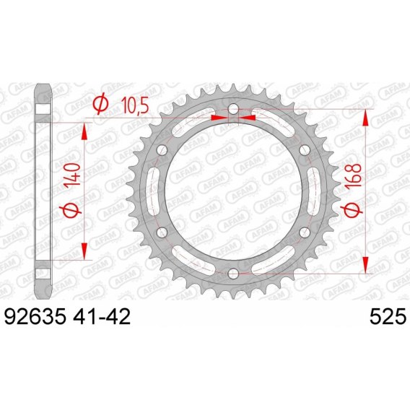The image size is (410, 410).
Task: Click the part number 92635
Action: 35,316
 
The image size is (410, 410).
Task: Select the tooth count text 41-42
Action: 102,316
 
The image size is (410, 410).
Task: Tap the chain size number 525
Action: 388,316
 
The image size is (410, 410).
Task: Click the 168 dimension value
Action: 352,175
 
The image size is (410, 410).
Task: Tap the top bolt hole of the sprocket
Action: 233,109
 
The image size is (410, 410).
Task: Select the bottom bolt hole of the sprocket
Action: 233,274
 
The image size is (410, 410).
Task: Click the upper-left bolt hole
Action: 162,150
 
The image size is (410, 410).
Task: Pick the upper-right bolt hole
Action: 305,150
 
